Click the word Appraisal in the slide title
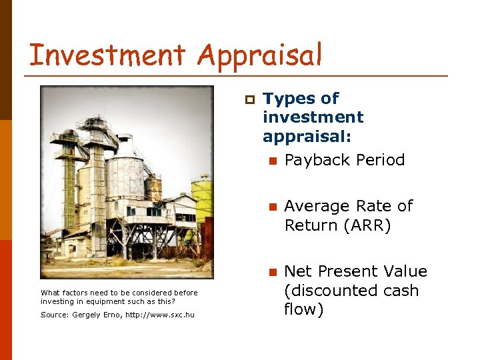point(260,55)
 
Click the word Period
point(379,160)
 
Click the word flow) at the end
point(303,309)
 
